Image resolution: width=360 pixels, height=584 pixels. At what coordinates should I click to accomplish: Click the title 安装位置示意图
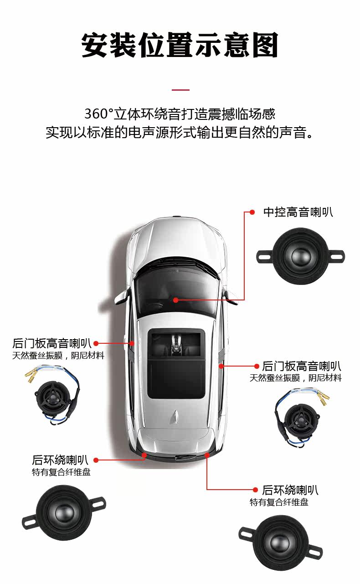tap(180, 45)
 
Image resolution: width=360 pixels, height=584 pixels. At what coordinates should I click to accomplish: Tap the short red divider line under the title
tap(180, 90)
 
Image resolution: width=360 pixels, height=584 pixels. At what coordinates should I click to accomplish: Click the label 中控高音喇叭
tap(298, 212)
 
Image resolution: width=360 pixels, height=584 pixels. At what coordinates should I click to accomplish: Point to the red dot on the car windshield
tap(176, 300)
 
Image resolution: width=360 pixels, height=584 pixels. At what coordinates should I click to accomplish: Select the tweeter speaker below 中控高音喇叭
tap(301, 256)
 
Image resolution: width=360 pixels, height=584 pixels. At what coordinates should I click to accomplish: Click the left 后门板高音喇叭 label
tap(51, 343)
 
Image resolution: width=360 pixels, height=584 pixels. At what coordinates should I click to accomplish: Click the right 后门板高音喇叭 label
tap(302, 366)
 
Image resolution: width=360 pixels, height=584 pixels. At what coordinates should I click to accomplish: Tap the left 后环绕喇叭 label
tap(60, 460)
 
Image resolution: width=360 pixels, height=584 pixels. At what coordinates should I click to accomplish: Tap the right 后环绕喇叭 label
tap(290, 490)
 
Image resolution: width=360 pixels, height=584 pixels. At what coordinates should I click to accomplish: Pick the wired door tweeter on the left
tap(53, 397)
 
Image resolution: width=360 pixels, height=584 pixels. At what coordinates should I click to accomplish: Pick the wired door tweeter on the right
tap(302, 419)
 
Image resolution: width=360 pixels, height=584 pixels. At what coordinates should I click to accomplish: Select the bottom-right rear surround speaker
tap(281, 543)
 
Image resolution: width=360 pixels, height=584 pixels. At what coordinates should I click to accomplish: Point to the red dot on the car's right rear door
tap(221, 366)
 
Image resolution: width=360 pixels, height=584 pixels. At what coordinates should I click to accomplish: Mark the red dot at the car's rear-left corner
tap(144, 455)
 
